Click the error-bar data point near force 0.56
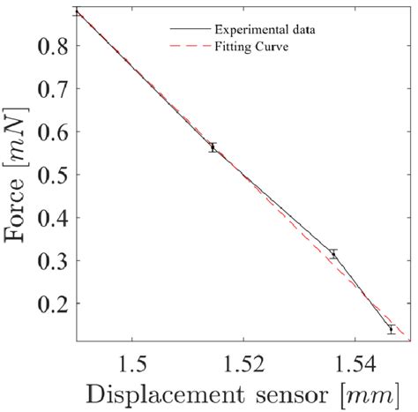point(213,147)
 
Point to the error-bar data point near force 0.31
point(333,254)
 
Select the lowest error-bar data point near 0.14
point(391,329)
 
